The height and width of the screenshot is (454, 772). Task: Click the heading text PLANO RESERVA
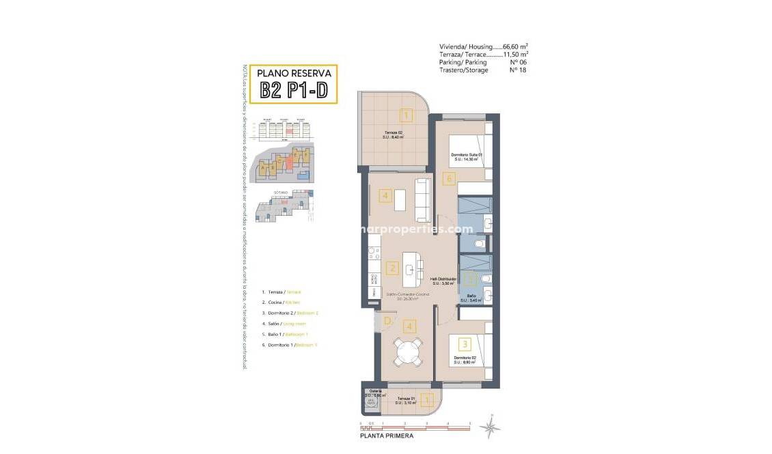[x=294, y=73]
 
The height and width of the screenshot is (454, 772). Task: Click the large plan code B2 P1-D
[x=294, y=91]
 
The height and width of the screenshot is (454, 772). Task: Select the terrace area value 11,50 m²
[x=516, y=55]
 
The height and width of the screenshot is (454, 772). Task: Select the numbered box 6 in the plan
[x=448, y=180]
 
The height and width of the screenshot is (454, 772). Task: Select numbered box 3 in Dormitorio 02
[x=464, y=345]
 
